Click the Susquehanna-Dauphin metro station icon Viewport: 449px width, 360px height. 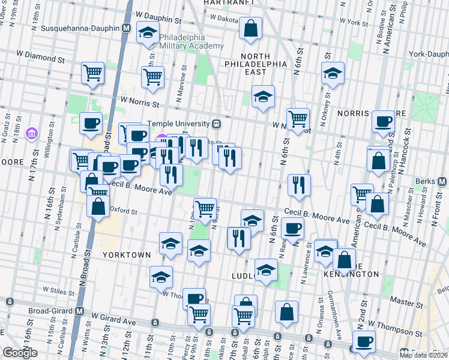tap(127, 28)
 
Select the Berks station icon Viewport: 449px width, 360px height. tap(442, 181)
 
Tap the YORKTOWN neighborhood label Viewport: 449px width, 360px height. tap(126, 254)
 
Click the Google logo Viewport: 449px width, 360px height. tap(20, 353)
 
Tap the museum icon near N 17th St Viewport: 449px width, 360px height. tap(31, 133)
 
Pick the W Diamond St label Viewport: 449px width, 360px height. tap(44, 60)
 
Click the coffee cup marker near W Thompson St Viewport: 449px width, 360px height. tap(363, 343)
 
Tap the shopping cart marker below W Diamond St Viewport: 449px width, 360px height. tap(93, 74)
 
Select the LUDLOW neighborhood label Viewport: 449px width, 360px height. tap(244, 275)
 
